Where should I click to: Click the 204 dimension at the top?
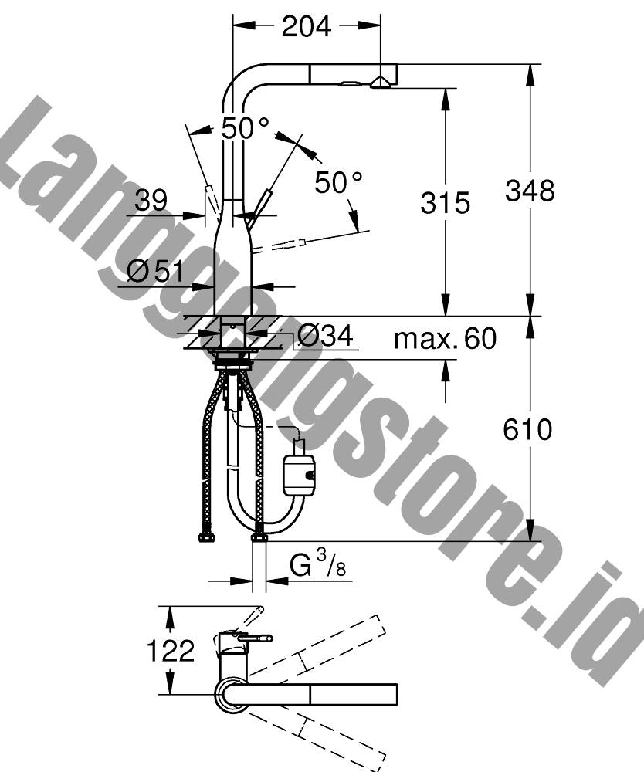307,26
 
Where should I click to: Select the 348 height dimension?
530,191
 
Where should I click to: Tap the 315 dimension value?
445,203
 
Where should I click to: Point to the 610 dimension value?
527,429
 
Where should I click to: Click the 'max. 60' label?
445,338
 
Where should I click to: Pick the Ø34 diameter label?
325,337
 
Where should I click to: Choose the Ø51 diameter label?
155,271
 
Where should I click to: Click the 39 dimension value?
151,200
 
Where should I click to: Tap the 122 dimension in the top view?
171,652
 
